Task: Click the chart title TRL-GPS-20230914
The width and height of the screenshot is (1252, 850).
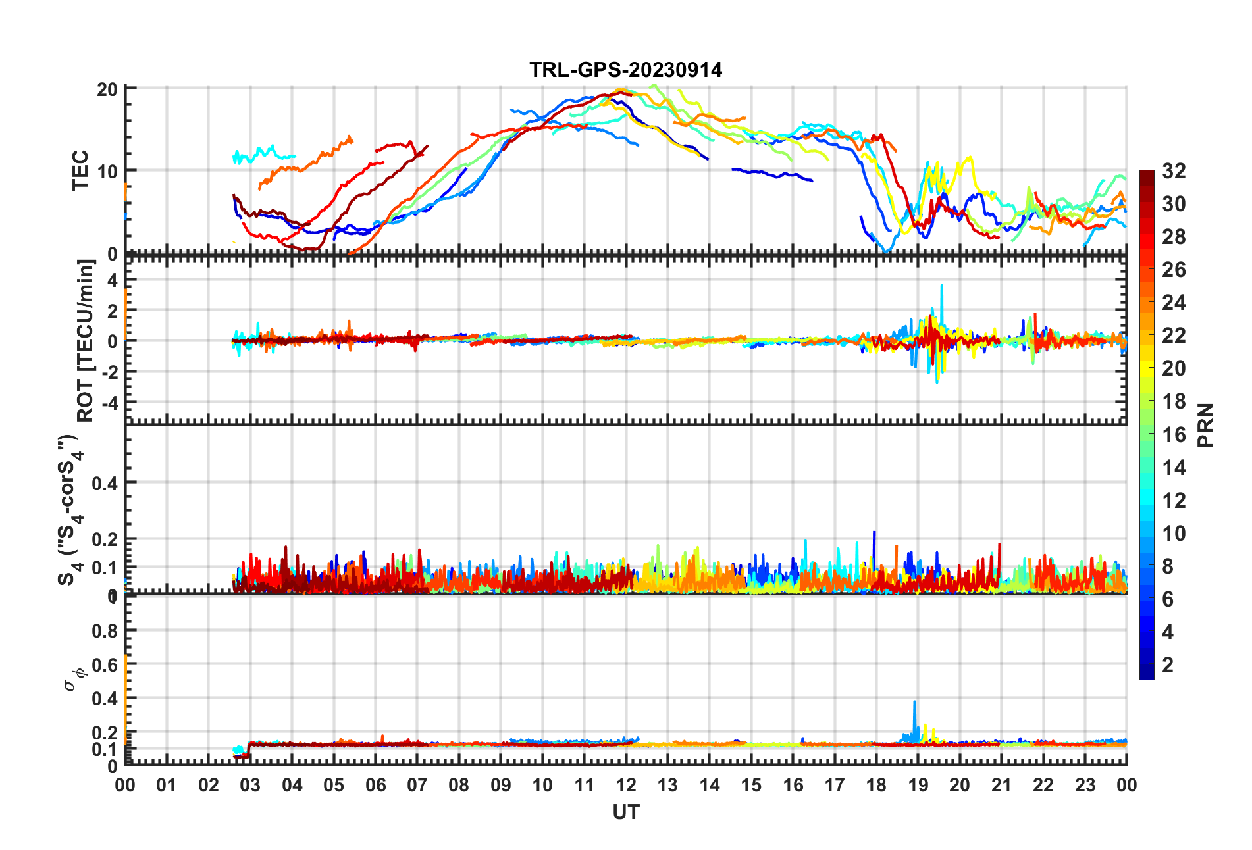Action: point(625,70)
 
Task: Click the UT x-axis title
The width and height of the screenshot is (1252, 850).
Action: point(625,813)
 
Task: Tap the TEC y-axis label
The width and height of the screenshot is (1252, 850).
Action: point(80,170)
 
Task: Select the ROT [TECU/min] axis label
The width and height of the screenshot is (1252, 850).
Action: point(86,340)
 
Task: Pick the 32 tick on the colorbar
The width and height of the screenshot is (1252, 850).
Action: point(1174,171)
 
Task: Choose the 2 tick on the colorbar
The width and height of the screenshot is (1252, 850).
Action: point(1168,664)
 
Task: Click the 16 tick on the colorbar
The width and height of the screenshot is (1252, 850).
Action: point(1174,434)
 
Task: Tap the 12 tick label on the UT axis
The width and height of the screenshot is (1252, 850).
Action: point(626,785)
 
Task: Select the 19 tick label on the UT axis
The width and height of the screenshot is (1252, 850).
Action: point(918,785)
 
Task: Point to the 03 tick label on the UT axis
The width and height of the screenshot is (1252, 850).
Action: point(250,785)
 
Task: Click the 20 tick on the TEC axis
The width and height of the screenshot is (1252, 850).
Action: point(107,89)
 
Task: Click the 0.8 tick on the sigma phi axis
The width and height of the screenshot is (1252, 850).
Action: point(105,630)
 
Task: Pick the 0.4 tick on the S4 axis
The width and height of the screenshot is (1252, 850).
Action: point(105,484)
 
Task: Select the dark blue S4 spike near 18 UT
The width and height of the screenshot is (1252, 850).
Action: point(874,533)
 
